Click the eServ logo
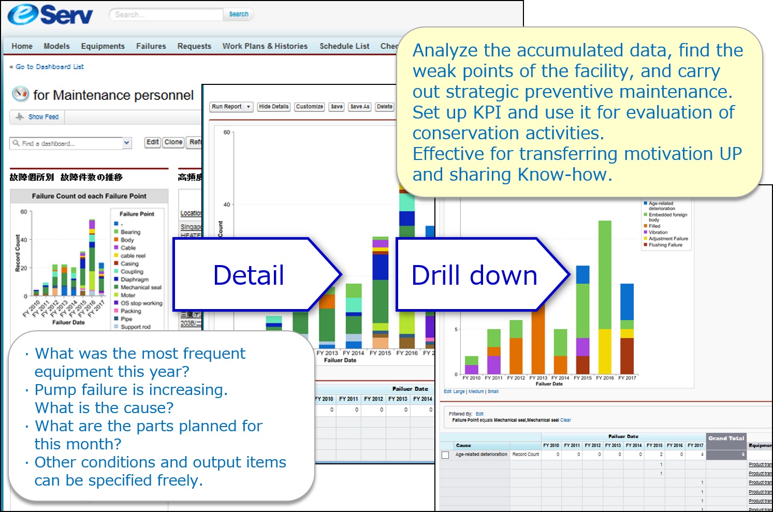[50, 14]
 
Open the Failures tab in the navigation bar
[151, 46]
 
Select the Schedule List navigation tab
[344, 46]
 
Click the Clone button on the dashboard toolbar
[173, 142]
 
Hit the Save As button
[360, 107]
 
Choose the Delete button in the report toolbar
[384, 107]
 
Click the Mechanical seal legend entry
[141, 287]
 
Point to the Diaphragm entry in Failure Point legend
[134, 280]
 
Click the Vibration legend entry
[658, 232]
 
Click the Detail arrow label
[249, 275]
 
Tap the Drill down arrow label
[474, 275]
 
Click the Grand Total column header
[726, 438]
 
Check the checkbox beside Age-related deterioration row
[445, 455]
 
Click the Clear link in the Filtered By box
[565, 420]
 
